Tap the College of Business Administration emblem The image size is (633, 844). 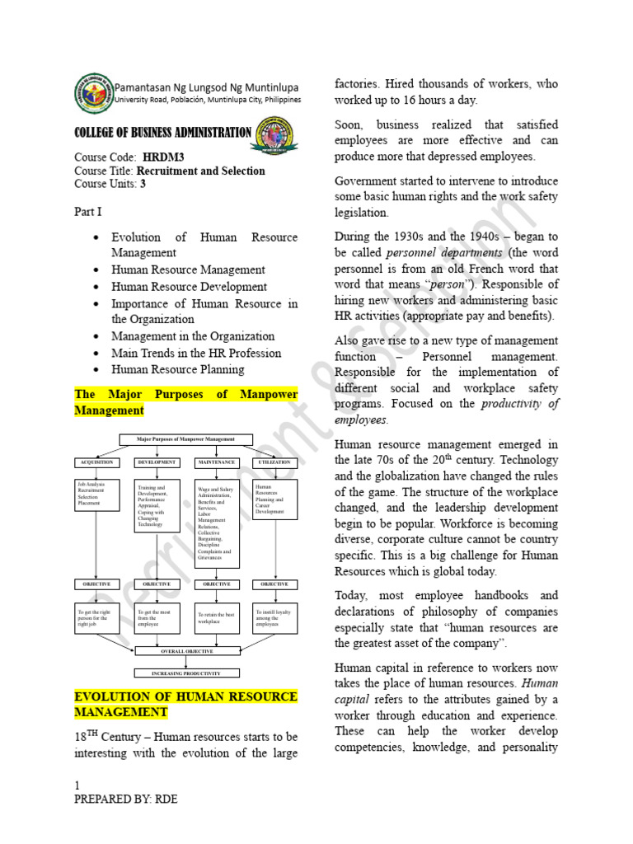coord(278,134)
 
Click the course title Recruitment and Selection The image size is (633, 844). coord(200,171)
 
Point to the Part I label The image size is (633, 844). coord(87,212)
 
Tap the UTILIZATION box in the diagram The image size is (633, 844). coord(274,462)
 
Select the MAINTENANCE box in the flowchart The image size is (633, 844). coord(217,462)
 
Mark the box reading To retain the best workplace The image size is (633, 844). coord(217,617)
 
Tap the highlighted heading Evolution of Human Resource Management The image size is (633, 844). coord(185,704)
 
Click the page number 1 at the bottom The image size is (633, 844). coord(77,785)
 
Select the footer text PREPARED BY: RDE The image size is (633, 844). coord(125,799)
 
